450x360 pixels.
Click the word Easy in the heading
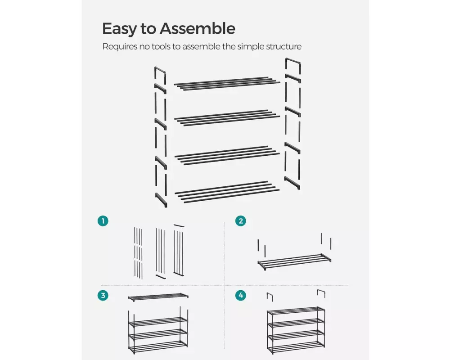tap(119, 29)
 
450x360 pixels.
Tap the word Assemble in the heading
tap(198, 28)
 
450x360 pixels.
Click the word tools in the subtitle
tap(161, 46)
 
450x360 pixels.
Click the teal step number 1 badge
tap(103, 221)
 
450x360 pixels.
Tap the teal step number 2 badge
tap(241, 221)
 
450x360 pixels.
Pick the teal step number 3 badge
tap(103, 295)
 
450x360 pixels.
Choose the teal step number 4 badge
tap(241, 295)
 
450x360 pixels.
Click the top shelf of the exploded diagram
tap(227, 84)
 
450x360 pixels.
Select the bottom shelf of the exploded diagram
tap(227, 192)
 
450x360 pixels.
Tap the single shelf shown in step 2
tap(294, 261)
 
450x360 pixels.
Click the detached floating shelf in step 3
tap(158, 297)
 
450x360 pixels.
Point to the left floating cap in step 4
tap(270, 297)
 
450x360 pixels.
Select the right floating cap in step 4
tap(321, 293)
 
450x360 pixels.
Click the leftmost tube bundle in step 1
tap(138, 253)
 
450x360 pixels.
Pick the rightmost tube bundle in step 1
tap(179, 250)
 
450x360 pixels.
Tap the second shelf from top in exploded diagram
tap(227, 118)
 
